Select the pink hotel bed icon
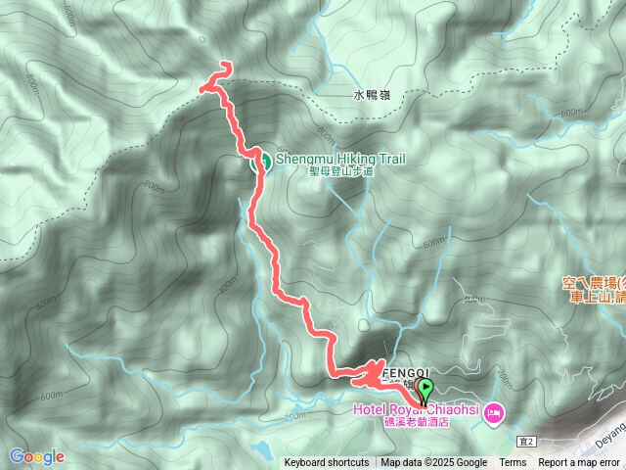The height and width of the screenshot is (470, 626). (x=493, y=412)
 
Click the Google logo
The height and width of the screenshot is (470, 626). (x=36, y=456)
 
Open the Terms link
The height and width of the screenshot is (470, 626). (x=513, y=463)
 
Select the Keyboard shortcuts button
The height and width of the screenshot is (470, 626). (x=327, y=463)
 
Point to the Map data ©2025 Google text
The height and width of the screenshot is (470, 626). (x=434, y=463)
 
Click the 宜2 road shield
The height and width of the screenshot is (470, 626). (x=528, y=442)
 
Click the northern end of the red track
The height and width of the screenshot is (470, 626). (x=227, y=65)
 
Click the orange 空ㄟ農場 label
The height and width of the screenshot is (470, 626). (x=594, y=284)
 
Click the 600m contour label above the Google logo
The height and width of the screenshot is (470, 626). (x=51, y=395)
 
